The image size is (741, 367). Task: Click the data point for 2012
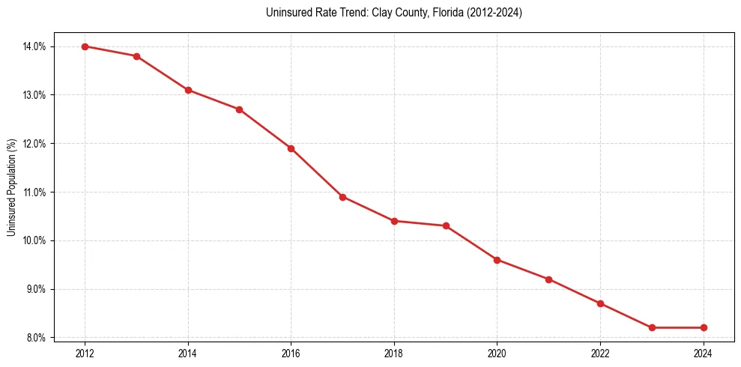coord(85,46)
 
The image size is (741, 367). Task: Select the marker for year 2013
coord(136,56)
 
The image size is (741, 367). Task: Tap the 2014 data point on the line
coord(188,90)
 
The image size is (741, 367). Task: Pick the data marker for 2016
coord(291,148)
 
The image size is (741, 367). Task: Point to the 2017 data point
coord(342,197)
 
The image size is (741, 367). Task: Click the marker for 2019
coord(446,225)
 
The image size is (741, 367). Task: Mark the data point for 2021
coord(548,279)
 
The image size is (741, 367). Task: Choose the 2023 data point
coord(652,327)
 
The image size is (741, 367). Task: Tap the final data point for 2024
coord(704,327)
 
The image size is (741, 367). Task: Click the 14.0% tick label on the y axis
coord(34,46)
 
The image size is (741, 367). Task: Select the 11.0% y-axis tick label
coord(34,192)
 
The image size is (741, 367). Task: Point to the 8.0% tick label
coord(36,338)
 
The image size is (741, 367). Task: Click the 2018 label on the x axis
coord(394,353)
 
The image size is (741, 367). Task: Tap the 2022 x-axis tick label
coord(600,353)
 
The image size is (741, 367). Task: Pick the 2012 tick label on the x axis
coord(85,353)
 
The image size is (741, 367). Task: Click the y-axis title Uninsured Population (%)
coord(11,187)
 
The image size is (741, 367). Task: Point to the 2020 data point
coord(497,260)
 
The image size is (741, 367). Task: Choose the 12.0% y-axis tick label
coord(34,144)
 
